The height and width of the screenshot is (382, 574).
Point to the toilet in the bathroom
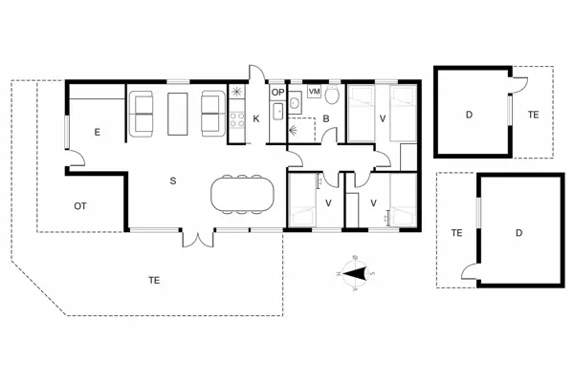point(332,96)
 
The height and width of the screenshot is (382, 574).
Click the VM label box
point(314,91)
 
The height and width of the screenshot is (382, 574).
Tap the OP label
point(277,92)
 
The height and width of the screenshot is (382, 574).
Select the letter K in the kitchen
point(256,118)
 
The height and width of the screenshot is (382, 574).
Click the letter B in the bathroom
point(325,119)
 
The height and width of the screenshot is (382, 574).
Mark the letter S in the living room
point(173,180)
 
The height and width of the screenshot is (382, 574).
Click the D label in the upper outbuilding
point(469,115)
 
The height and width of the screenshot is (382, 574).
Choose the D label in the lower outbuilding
point(518,232)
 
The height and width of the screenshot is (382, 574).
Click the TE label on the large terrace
point(154,280)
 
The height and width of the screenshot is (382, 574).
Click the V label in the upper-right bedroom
point(383,118)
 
